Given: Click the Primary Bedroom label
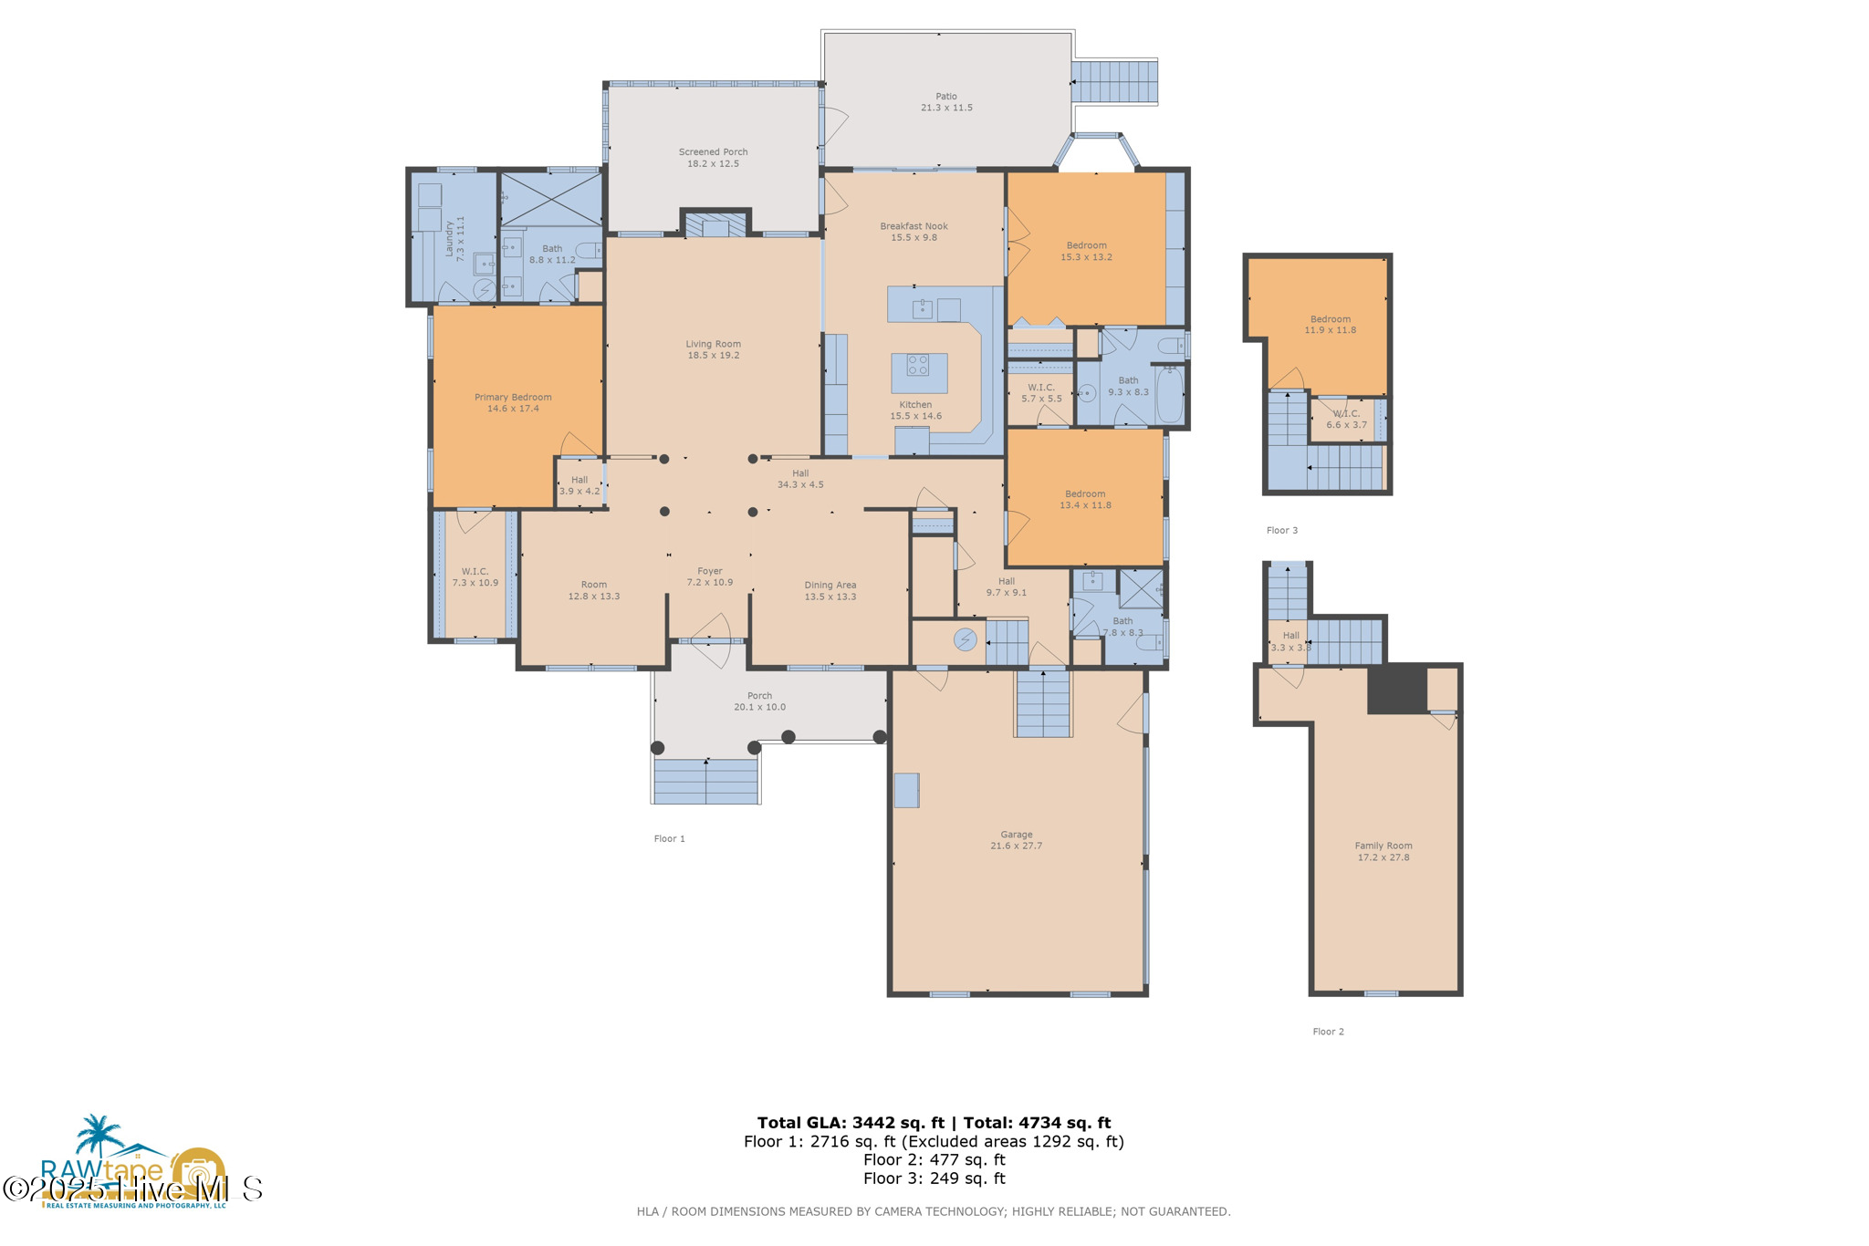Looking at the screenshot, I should pyautogui.click(x=513, y=398).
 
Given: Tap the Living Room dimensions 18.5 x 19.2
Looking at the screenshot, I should pyautogui.click(x=713, y=356).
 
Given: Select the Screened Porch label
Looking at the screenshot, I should pyautogui.click(x=713, y=152).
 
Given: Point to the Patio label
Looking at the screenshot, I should pyautogui.click(x=945, y=96).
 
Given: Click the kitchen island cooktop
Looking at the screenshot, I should pyautogui.click(x=918, y=366).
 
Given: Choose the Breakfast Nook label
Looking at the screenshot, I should pyautogui.click(x=914, y=226).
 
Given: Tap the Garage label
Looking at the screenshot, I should pyautogui.click(x=1016, y=835).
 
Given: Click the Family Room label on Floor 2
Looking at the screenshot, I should pyautogui.click(x=1383, y=846).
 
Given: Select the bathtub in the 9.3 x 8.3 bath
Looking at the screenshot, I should pyautogui.click(x=1169, y=395).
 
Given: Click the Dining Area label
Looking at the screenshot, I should pyautogui.click(x=830, y=586).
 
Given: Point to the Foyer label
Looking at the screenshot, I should pyautogui.click(x=710, y=571).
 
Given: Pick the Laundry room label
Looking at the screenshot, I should pyautogui.click(x=449, y=238).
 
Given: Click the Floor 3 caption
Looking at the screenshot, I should pyautogui.click(x=1281, y=531).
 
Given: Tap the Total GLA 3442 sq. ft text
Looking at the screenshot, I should pyautogui.click(x=851, y=1123).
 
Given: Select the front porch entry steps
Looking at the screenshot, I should pyautogui.click(x=705, y=782).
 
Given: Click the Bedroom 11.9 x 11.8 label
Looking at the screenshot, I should pyautogui.click(x=1330, y=319).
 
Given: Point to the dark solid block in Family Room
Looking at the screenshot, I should pyautogui.click(x=1396, y=689).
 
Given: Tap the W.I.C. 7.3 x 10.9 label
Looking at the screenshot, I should pyautogui.click(x=475, y=572).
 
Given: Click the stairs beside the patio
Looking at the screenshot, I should pyautogui.click(x=1113, y=81).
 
